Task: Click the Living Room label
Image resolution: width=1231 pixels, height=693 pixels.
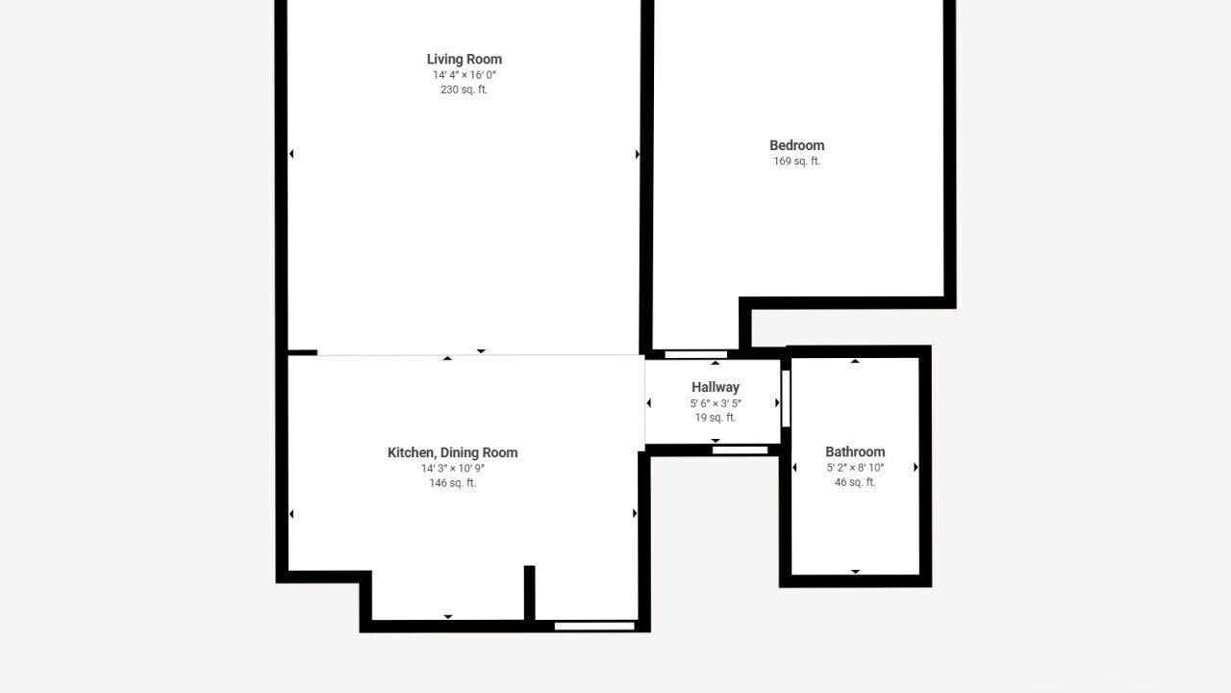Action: coord(465,59)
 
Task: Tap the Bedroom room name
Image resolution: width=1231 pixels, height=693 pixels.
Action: coord(797,145)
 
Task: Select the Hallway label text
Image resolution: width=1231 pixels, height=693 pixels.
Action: coord(716,387)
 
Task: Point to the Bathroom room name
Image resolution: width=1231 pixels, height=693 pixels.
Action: coord(855,451)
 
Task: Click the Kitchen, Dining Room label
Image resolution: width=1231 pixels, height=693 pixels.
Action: coord(453,452)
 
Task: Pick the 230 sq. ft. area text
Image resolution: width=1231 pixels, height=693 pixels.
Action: coord(464,90)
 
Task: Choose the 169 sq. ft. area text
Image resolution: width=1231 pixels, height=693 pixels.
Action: coord(797,161)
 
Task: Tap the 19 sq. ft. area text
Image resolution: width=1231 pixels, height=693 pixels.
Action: coord(716,418)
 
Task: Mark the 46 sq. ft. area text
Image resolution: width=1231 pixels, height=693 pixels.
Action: coord(855,482)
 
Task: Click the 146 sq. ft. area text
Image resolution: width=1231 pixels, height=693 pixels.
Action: coord(453,483)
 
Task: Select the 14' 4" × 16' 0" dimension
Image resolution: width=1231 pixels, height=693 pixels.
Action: coord(465,75)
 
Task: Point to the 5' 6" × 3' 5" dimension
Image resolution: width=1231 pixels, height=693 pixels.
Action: coord(716,403)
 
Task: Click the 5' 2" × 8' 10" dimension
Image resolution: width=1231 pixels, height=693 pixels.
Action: coord(855,468)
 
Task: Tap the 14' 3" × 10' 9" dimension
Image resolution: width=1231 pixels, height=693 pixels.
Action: coord(453,469)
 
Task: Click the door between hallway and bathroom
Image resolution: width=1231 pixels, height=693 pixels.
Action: coord(786,398)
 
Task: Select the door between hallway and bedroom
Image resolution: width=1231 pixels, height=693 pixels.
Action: coord(695,355)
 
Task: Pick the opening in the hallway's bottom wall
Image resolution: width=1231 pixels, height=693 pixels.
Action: coord(740,450)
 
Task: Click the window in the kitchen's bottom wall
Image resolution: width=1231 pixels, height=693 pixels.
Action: coord(594,626)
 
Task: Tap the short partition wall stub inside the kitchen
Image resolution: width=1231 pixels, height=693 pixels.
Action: coord(529,593)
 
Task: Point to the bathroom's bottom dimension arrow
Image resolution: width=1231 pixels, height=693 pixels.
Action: coord(855,572)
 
